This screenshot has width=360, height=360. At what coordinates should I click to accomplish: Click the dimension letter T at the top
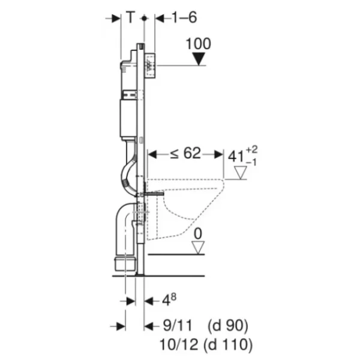(x=130, y=17)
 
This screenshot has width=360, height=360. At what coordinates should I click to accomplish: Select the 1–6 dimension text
(x=184, y=17)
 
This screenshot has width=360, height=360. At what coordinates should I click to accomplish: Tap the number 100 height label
(x=198, y=44)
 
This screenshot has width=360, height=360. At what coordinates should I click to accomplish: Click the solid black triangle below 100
(x=199, y=59)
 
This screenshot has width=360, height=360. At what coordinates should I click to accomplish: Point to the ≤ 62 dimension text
(x=185, y=154)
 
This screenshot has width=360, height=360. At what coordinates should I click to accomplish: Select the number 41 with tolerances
(x=242, y=156)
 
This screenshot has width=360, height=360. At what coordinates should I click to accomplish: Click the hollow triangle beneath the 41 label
(x=241, y=173)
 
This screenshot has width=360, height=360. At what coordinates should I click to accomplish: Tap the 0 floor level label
(x=198, y=234)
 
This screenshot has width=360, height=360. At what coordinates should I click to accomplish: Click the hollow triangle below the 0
(x=198, y=248)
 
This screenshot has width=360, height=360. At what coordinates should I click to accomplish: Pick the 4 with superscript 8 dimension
(x=169, y=299)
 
